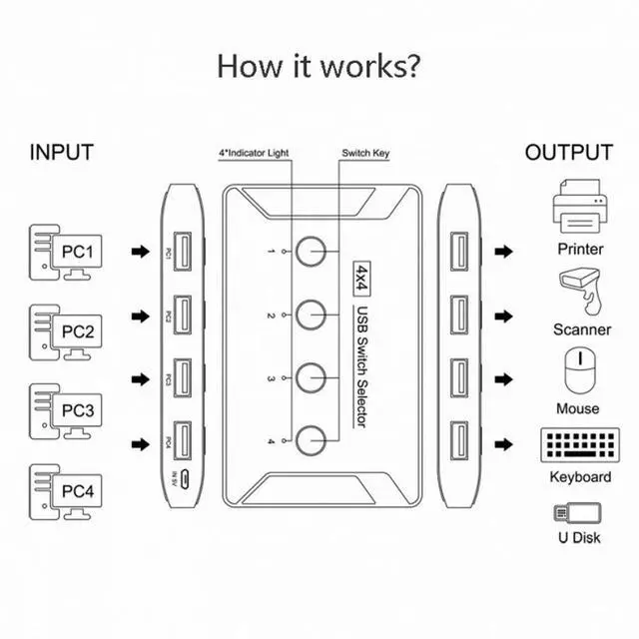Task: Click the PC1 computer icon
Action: click(x=65, y=253)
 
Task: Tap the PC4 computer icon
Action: click(x=65, y=492)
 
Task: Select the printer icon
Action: click(x=579, y=206)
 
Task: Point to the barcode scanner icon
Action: click(x=580, y=291)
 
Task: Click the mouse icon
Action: click(x=580, y=370)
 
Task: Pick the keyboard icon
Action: click(x=580, y=445)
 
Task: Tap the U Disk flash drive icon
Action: click(x=577, y=512)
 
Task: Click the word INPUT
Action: click(x=62, y=153)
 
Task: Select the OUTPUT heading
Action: click(x=569, y=153)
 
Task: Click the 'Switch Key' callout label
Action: click(x=365, y=153)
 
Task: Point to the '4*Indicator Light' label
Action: click(x=254, y=153)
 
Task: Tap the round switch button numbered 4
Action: click(x=311, y=440)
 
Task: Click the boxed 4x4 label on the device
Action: click(x=361, y=279)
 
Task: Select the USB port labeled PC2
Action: click(x=182, y=316)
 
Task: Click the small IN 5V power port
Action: click(x=185, y=479)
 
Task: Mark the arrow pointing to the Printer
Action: click(x=503, y=252)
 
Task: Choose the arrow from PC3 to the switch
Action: click(x=141, y=379)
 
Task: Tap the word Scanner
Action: click(x=582, y=329)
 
